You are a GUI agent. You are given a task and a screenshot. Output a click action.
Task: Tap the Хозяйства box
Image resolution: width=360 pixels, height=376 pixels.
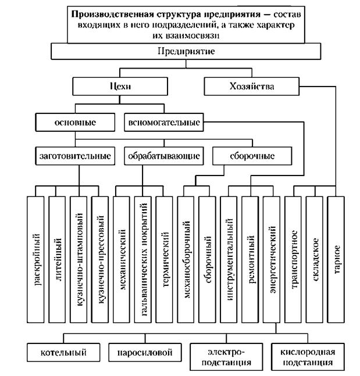244,87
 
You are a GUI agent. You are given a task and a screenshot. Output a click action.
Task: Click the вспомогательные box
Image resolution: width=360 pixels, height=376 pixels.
162,123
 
